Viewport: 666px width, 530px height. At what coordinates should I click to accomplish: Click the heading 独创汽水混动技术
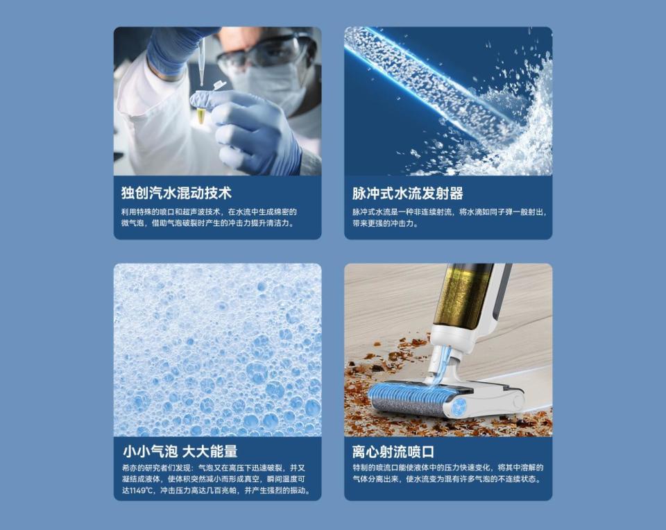pyautogui.click(x=176, y=193)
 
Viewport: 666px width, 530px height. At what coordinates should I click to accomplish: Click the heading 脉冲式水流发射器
pyautogui.click(x=407, y=194)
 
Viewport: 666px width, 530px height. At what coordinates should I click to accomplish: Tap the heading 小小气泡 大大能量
pyautogui.click(x=180, y=451)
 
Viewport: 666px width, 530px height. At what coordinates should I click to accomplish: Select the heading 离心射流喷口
pyautogui.click(x=393, y=452)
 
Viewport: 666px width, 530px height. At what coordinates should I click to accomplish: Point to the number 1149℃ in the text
pyautogui.click(x=142, y=490)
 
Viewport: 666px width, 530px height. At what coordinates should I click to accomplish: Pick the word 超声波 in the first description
pyautogui.click(x=194, y=212)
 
